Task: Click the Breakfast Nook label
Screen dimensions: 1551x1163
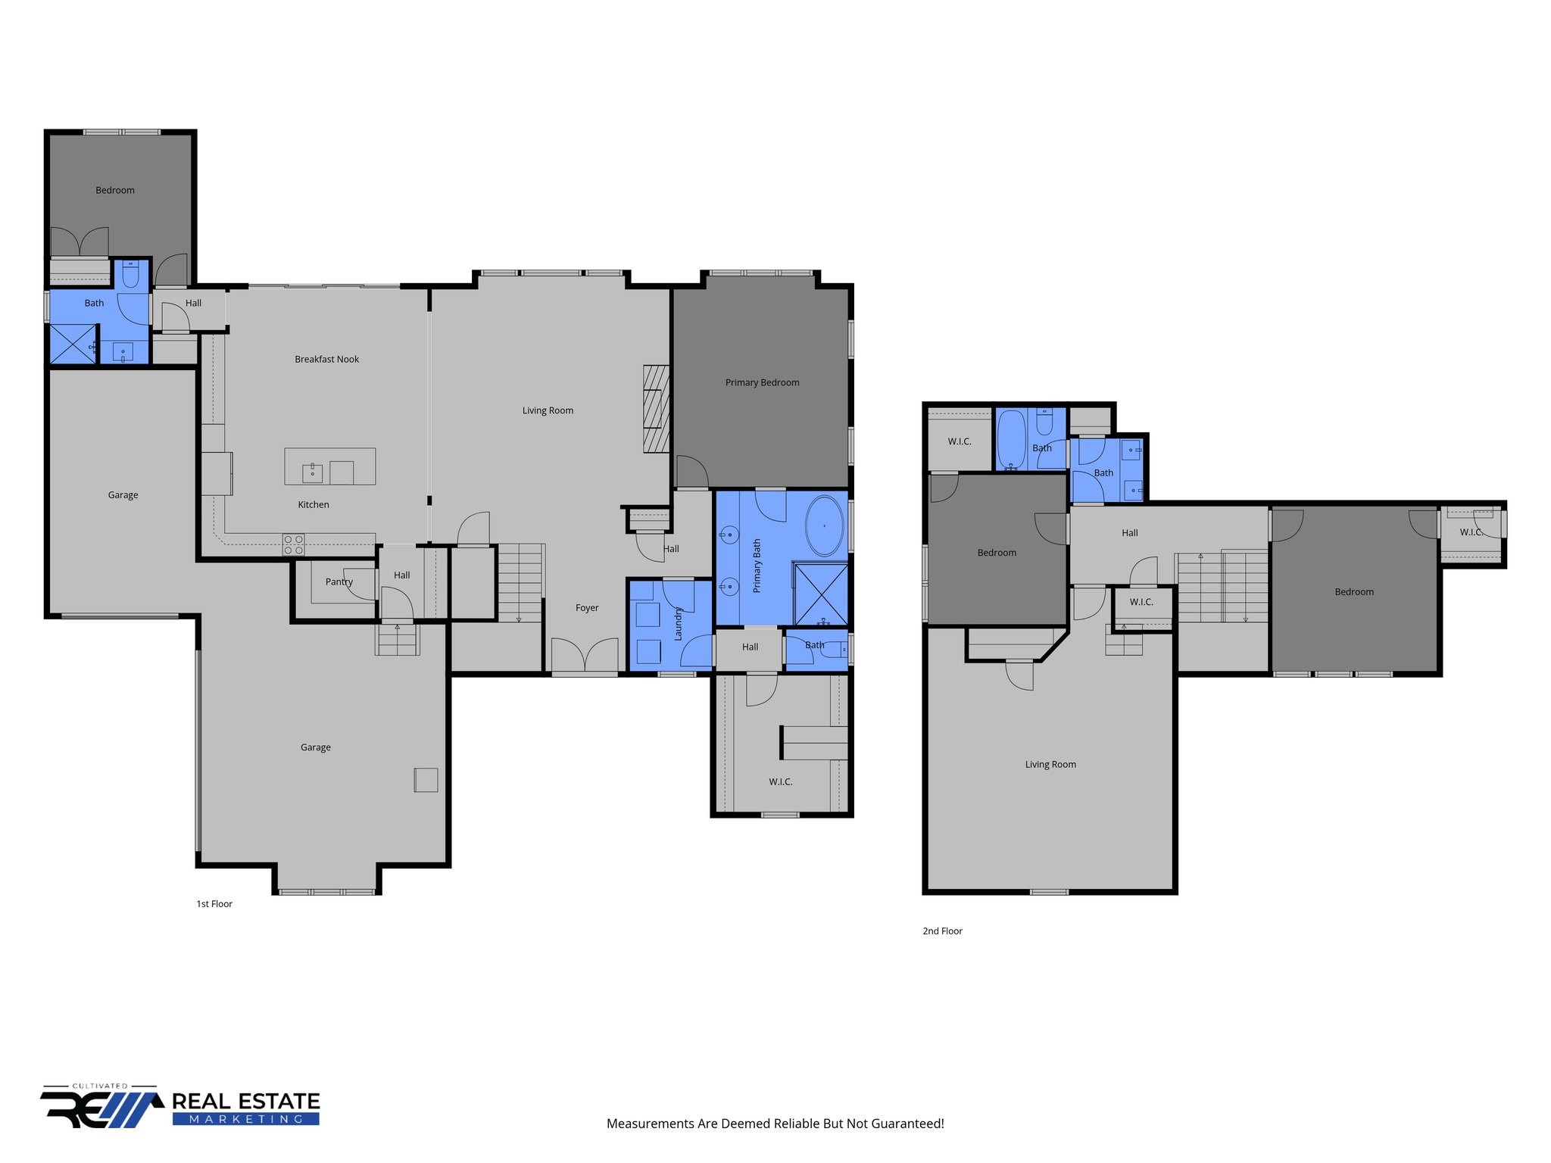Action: (326, 359)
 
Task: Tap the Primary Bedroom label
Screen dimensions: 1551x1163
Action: (762, 382)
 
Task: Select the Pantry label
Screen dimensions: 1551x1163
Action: (339, 581)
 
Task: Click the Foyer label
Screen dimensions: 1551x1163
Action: (587, 607)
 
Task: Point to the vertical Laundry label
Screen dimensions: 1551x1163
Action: (678, 623)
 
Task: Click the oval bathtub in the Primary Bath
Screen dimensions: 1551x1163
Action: (824, 526)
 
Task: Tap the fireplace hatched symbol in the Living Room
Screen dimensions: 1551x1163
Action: (657, 409)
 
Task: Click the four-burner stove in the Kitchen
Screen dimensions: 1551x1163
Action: (293, 544)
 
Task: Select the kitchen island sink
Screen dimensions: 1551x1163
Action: (312, 473)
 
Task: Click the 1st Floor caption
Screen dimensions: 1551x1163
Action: (214, 903)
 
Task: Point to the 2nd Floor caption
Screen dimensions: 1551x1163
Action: (942, 931)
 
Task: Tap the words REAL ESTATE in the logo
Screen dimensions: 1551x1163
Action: (246, 1101)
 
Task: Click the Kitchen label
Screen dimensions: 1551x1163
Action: (314, 504)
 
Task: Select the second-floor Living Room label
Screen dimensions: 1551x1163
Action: (1050, 764)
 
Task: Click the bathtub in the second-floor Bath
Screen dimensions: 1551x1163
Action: (1011, 440)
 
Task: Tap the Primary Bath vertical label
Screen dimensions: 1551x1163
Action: (757, 566)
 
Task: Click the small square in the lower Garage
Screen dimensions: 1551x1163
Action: (426, 780)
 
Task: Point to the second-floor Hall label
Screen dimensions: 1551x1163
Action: (1130, 532)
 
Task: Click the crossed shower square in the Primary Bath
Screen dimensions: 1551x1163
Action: (821, 594)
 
